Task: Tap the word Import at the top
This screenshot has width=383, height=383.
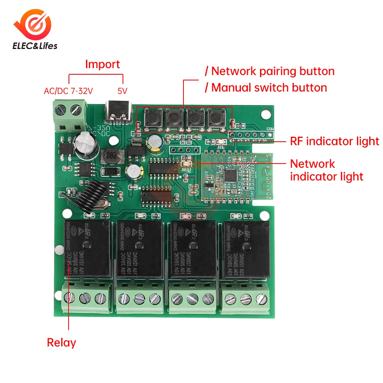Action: coord(102,64)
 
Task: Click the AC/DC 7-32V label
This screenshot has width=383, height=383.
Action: coord(69,91)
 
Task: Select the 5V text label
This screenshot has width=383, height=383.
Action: coord(122,91)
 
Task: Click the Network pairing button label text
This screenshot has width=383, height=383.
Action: coord(273,71)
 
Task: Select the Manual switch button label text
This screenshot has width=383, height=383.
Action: coord(269,88)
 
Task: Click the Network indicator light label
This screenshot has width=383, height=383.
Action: coord(326,170)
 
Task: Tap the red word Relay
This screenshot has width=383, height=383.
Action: coord(61,342)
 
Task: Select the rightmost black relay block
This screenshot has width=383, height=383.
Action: coord(246,250)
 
